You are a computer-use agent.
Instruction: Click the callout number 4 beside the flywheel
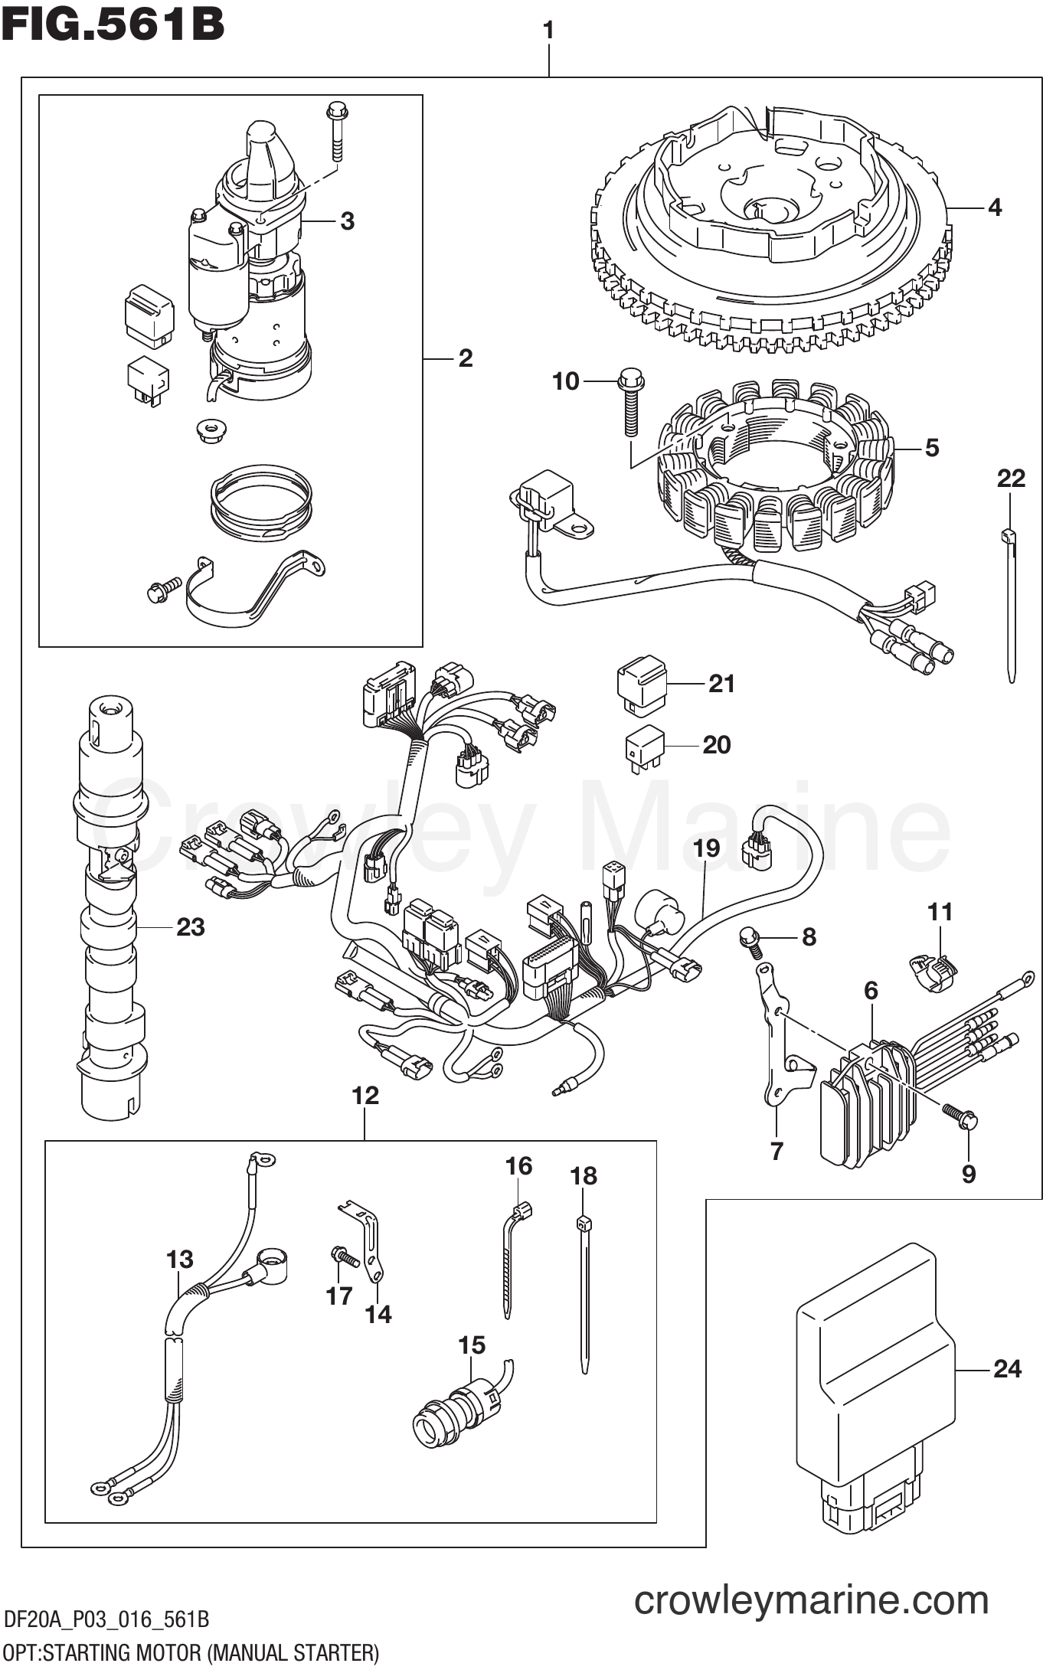tap(994, 207)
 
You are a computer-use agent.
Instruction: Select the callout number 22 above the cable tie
tap(1011, 479)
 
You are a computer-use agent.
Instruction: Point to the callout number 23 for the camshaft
tap(191, 927)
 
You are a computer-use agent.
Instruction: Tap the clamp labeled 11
tap(928, 970)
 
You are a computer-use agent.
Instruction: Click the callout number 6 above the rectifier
tap(871, 991)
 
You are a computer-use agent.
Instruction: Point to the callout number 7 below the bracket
tap(777, 1151)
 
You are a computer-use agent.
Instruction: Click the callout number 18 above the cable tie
tap(584, 1176)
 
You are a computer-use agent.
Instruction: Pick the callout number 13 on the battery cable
tap(180, 1259)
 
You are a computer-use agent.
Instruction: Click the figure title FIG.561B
tap(113, 25)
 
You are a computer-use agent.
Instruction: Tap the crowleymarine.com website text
tap(811, 1599)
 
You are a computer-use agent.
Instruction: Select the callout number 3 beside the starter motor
tap(347, 221)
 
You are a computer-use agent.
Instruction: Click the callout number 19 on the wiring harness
tap(706, 848)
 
